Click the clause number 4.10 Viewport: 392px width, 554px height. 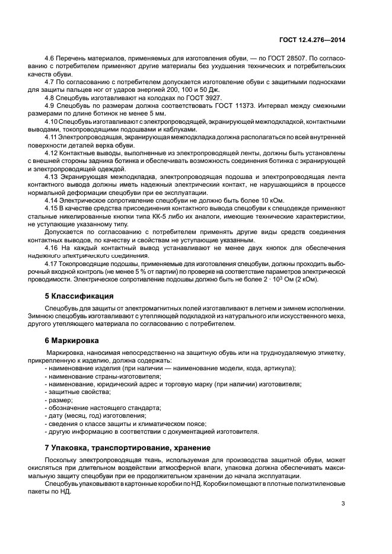(52, 121)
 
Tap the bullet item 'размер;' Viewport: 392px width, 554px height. (59, 401)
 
